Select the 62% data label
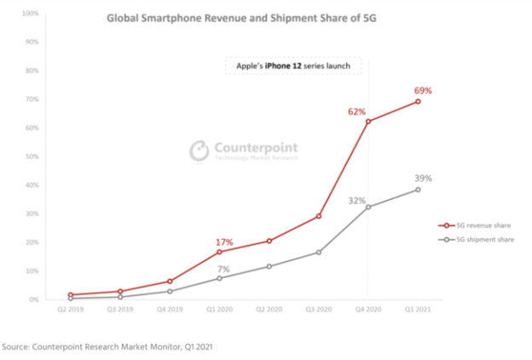coord(356,111)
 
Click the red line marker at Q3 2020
coord(319,216)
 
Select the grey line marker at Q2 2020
coord(269,266)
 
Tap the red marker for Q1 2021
coord(418,102)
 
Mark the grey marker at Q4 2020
coord(368,207)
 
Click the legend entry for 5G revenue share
coord(480,226)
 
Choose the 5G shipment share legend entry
coord(480,241)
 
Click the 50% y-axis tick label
coord(31,157)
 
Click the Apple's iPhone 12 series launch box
coord(293,67)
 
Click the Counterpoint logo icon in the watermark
coord(199,150)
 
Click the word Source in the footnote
coord(20,346)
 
